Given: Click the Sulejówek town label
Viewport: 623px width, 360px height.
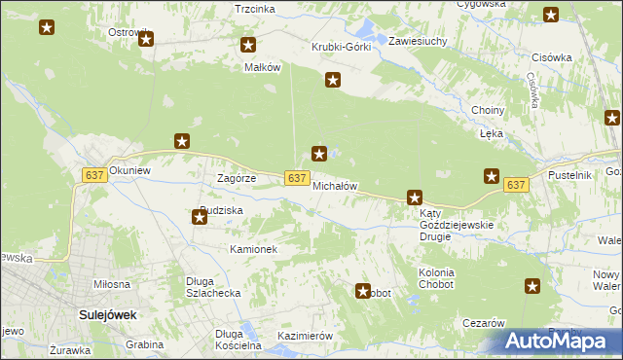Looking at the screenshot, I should [x=106, y=315].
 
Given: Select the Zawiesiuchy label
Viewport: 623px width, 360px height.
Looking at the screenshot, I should [x=418, y=42].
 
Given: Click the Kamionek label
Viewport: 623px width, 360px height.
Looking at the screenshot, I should [x=254, y=249].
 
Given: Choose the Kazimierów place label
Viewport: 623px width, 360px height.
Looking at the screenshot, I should [x=306, y=336].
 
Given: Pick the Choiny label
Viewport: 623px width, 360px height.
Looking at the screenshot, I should [x=487, y=111].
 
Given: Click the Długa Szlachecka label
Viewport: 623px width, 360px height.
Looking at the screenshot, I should [x=213, y=288].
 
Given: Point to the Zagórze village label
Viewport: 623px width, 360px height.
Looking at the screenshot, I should [x=236, y=179].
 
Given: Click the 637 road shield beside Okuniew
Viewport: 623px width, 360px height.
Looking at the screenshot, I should [x=94, y=174].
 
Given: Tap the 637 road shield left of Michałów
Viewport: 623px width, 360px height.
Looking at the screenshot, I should [x=298, y=177].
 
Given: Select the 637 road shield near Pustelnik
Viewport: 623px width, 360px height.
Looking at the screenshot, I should [x=516, y=185].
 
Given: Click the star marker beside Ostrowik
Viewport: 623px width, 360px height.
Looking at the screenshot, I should [x=147, y=39].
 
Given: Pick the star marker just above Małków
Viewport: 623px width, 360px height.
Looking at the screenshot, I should [x=248, y=45].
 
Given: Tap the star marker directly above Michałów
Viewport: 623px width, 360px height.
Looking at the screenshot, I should [x=318, y=153].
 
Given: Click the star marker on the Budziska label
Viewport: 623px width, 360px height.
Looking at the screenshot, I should [x=200, y=217].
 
